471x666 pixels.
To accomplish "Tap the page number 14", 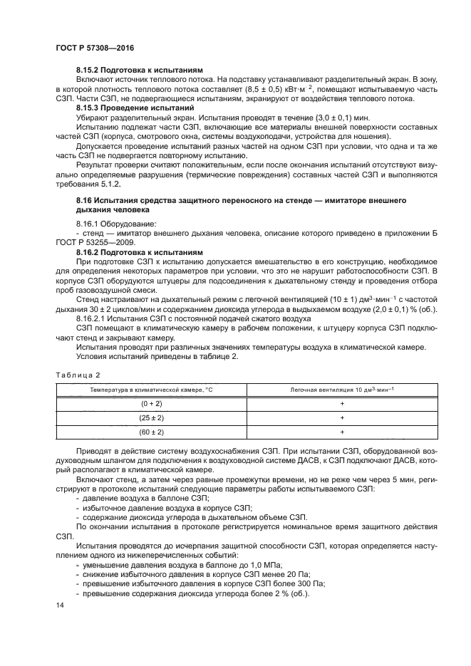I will pos(58,605).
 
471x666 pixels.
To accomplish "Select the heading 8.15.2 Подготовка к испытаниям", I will pos(140,71).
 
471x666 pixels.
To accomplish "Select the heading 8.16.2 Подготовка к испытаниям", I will pos(140,251).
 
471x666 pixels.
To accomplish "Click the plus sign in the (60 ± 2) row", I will pos(342,432).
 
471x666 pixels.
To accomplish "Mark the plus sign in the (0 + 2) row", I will pos(342,404).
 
